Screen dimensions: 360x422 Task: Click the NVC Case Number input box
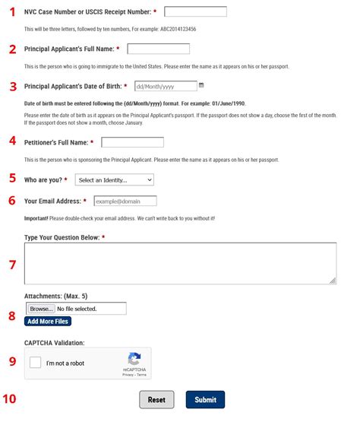coord(195,11)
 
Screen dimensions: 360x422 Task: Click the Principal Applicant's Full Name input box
coord(158,49)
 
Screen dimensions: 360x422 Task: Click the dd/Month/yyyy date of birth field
coord(165,87)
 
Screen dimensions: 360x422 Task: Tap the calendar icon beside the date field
coord(201,86)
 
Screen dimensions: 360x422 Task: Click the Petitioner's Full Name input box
coord(132,142)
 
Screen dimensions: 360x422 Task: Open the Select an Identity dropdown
coord(114,180)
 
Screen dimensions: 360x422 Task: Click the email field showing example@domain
coord(125,201)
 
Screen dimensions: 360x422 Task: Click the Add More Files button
coord(49,322)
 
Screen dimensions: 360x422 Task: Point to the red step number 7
coord(11,265)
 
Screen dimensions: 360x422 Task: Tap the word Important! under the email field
coord(39,218)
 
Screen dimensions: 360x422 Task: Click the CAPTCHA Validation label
coord(55,343)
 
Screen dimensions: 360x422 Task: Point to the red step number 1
coord(11,12)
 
